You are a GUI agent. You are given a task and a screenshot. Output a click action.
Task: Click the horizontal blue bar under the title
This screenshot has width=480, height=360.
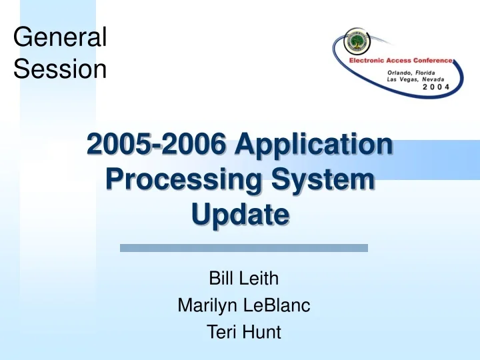point(243,248)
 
